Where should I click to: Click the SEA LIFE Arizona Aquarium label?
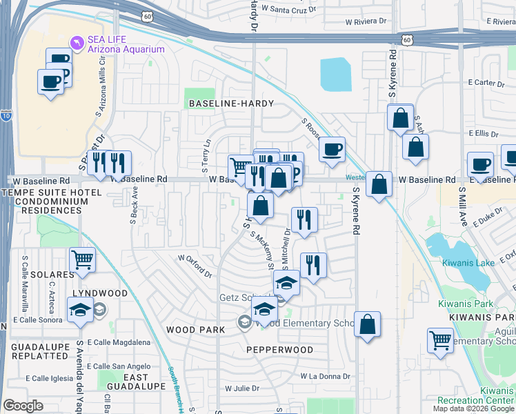126,44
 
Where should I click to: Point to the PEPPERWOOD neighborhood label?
279,350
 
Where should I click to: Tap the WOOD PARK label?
195,330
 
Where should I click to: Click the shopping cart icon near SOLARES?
82,259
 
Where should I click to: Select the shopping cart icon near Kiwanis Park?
440,339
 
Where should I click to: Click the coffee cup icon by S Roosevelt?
332,148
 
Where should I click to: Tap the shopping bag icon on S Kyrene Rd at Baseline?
379,184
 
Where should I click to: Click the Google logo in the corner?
23,406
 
